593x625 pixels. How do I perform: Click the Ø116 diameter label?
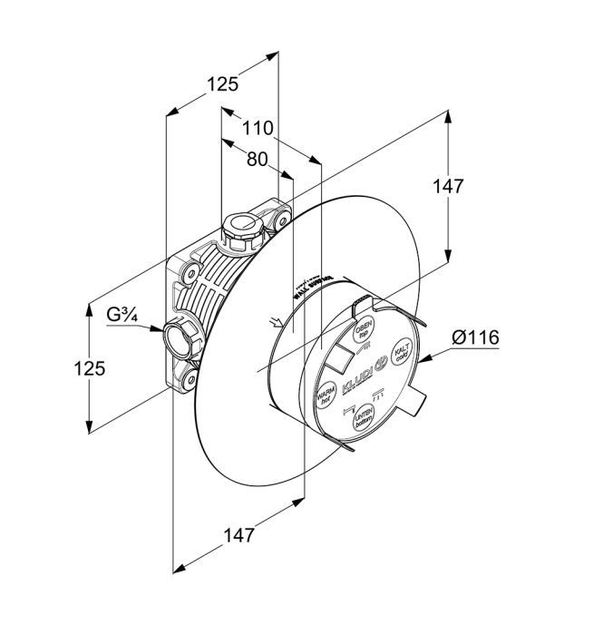pos(474,337)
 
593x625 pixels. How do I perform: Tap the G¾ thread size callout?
pos(122,315)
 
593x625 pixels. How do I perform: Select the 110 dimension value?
pos(258,128)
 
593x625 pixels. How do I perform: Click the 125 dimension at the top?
pos(222,84)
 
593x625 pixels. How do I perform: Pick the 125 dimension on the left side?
pos(89,368)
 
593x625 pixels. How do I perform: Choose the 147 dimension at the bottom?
pos(239,534)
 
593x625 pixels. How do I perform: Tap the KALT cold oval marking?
pos(400,352)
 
